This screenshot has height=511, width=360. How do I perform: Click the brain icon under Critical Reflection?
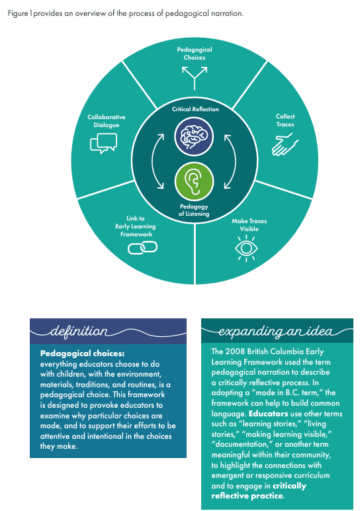coord(194,136)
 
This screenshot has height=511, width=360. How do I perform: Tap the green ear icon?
coord(194,181)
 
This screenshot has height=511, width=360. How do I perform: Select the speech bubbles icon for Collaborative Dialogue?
coord(103,144)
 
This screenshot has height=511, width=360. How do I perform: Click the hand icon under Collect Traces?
coord(285,144)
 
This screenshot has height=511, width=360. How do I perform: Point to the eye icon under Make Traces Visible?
coord(246,249)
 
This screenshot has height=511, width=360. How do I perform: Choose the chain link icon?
coord(142,248)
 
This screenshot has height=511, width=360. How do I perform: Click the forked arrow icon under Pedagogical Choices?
coord(195,78)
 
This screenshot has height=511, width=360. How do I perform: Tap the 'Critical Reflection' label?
coord(195,109)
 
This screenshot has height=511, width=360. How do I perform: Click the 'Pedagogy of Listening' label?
coord(194,210)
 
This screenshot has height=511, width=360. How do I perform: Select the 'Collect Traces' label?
coord(285,120)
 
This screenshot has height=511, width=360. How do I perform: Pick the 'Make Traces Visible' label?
coord(249,225)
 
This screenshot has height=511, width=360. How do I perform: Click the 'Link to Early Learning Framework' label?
coord(136,226)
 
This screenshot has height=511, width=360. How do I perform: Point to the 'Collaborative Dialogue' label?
coord(106,121)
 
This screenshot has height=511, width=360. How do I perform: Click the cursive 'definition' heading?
coord(79,331)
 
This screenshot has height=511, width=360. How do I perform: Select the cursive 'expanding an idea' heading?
coord(275,331)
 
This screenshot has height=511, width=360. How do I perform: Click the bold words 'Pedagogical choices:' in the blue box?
coord(83,353)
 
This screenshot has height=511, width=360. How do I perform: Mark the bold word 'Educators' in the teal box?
coord(269,414)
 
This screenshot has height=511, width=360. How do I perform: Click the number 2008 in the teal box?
coord(235,351)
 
